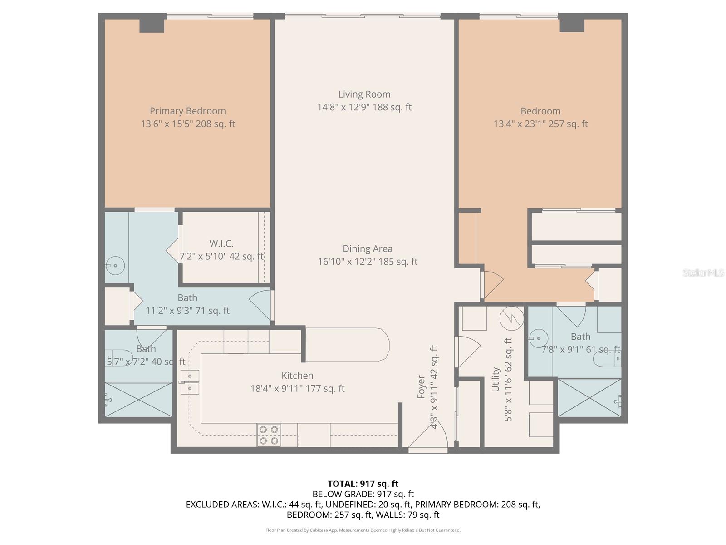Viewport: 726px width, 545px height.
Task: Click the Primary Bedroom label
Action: point(187,111)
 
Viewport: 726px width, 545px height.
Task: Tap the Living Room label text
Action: point(364,94)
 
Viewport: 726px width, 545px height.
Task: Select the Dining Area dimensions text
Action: point(368,262)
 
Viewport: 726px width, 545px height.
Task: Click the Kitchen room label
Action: point(297,376)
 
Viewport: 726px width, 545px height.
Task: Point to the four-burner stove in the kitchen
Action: point(269,435)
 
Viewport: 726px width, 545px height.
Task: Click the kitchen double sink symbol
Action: point(190,382)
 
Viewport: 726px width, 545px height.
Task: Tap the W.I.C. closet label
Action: point(221,243)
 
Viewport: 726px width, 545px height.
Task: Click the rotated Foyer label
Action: point(421,387)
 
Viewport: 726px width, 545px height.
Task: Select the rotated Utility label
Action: point(495,379)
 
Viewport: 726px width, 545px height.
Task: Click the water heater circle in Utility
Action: point(511,318)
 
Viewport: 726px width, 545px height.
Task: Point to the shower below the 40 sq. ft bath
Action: point(138,399)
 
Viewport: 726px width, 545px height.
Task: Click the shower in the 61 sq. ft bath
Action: point(589,398)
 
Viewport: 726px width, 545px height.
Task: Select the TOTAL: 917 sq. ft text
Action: point(363,484)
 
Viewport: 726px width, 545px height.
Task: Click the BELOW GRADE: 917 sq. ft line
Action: point(363,494)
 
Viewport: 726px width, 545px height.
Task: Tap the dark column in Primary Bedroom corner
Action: point(152,23)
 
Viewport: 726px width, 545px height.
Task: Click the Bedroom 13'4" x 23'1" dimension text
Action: point(540,124)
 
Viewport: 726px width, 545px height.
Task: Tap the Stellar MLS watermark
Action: point(703,272)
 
